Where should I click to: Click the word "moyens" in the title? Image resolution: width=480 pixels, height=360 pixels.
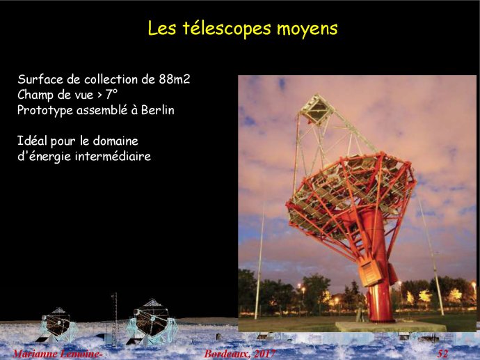[x=307, y=29]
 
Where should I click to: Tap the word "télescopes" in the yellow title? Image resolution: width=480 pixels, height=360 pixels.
[x=227, y=29]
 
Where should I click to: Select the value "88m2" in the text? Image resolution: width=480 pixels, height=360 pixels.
[x=175, y=79]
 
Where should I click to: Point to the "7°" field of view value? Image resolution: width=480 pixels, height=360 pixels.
[x=112, y=95]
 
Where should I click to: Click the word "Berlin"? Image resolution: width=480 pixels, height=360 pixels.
[x=158, y=110]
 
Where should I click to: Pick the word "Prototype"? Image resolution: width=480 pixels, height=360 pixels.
[x=45, y=111]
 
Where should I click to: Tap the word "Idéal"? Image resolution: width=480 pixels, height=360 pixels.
[x=33, y=141]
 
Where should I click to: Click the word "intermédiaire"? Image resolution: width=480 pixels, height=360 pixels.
[x=113, y=156]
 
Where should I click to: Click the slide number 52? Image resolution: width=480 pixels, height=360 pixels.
[x=442, y=354]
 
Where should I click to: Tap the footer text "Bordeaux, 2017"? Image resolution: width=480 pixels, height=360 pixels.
[x=240, y=354]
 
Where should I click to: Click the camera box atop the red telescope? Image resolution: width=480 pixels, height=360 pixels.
[x=317, y=109]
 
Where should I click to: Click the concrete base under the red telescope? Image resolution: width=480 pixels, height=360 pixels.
[x=390, y=327]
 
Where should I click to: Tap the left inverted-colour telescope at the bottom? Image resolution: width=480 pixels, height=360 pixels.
[x=57, y=324]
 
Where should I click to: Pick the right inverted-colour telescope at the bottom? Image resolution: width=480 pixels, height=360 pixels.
[x=152, y=322]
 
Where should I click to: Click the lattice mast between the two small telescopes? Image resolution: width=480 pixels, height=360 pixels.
[x=115, y=319]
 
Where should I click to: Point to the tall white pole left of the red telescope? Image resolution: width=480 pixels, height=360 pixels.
[x=259, y=260]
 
